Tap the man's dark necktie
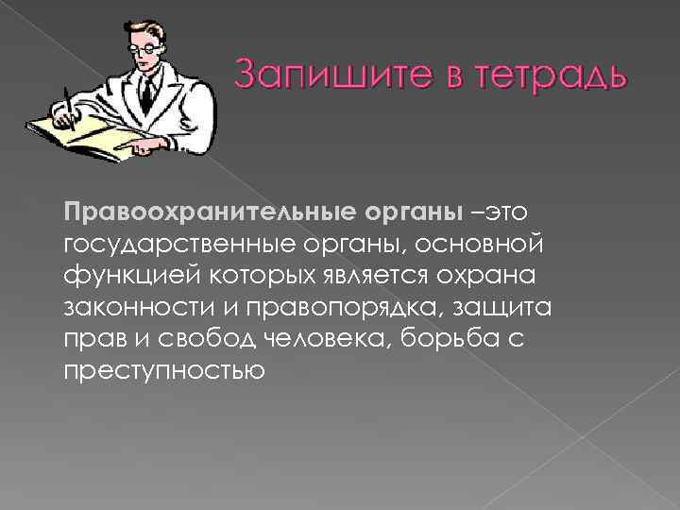pos(146,93)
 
